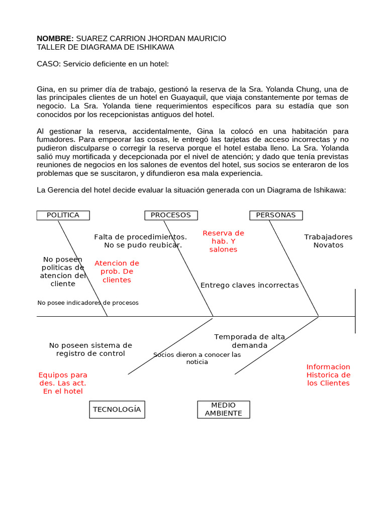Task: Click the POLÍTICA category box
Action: tap(63, 215)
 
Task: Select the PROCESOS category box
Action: tap(171, 215)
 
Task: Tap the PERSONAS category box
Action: tap(276, 215)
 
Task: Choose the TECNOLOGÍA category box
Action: tap(117, 410)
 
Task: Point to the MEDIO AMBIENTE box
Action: tap(223, 410)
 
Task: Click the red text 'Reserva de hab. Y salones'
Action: tap(223, 241)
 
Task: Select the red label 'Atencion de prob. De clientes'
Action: tap(117, 272)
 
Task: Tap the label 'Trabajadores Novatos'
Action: tap(328, 241)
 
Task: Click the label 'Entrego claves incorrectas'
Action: tap(249, 286)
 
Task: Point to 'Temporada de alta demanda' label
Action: tap(249, 341)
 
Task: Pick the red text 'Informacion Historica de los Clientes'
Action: tap(328, 375)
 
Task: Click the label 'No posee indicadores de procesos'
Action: tap(88, 303)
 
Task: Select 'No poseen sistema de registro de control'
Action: tap(90, 349)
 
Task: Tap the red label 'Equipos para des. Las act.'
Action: tap(63, 383)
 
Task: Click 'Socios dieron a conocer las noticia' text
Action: tap(197, 358)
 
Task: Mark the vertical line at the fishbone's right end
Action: tap(355, 311)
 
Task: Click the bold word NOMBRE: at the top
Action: tap(55, 39)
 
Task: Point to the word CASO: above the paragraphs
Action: tap(49, 64)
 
